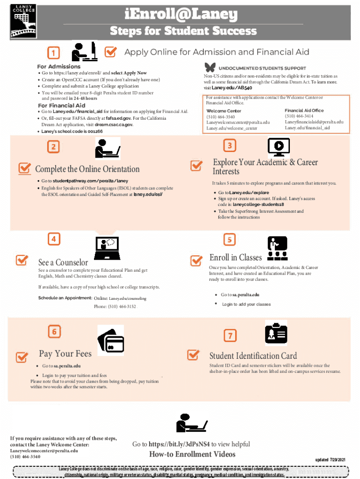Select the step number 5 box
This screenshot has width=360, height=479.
[x=229, y=240]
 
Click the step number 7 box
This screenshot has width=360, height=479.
[x=230, y=335]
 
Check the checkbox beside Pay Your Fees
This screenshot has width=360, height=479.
[x=22, y=357]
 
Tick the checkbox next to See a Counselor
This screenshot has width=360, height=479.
[x=22, y=260]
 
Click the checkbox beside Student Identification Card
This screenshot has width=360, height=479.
[x=193, y=355]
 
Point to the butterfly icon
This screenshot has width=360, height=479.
[x=210, y=67]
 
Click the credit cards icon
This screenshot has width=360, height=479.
[x=110, y=340]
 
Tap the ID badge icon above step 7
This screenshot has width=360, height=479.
[x=276, y=333]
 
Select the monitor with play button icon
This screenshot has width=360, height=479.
[x=278, y=147]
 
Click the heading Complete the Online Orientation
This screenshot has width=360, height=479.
[x=87, y=169]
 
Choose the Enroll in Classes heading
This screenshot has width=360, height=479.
[x=236, y=257]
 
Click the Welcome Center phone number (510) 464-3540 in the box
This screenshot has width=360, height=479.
[x=221, y=116]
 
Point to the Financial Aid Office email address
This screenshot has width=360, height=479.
[x=314, y=122]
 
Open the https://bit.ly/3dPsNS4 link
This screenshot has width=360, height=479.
[x=179, y=444]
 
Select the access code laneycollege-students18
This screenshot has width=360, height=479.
[x=258, y=204]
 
